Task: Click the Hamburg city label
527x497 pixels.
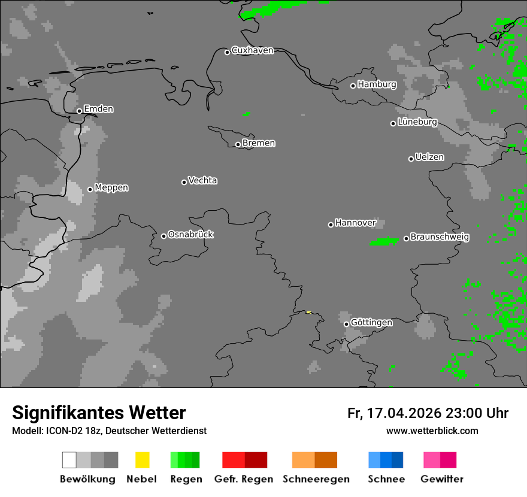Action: pyautogui.click(x=377, y=84)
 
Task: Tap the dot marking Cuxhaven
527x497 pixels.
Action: pyautogui.click(x=227, y=52)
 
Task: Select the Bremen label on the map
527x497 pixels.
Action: pyautogui.click(x=259, y=143)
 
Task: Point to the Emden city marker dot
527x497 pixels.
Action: pyautogui.click(x=79, y=111)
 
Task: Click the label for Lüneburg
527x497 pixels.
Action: pyautogui.click(x=417, y=122)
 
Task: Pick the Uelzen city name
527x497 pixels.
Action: pyautogui.click(x=429, y=157)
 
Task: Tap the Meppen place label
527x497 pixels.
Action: pyautogui.click(x=111, y=187)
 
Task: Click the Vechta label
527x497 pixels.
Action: pyautogui.click(x=202, y=180)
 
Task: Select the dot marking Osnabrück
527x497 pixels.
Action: pyautogui.click(x=163, y=236)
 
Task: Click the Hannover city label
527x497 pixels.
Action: pyautogui.click(x=355, y=223)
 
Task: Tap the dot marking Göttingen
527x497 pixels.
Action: pyautogui.click(x=346, y=324)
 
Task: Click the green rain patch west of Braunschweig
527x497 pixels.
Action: pyautogui.click(x=384, y=241)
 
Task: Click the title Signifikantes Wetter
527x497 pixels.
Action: pyautogui.click(x=99, y=413)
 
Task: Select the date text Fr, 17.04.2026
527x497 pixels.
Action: pyautogui.click(x=394, y=413)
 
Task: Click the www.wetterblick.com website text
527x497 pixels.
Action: pyautogui.click(x=432, y=431)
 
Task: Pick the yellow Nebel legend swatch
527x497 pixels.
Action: pyautogui.click(x=142, y=460)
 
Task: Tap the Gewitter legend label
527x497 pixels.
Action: pyautogui.click(x=442, y=479)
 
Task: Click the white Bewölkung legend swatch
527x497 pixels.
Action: pyautogui.click(x=69, y=460)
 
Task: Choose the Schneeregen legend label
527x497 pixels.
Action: pyautogui.click(x=316, y=479)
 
